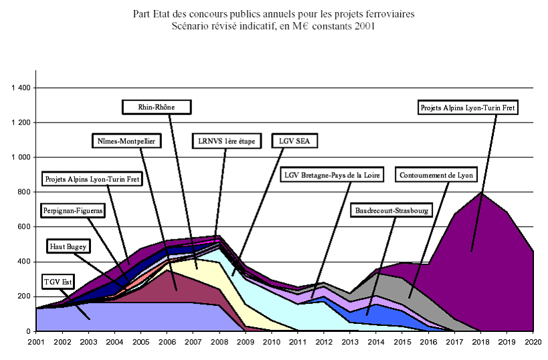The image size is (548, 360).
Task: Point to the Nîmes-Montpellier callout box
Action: pyautogui.click(x=124, y=141)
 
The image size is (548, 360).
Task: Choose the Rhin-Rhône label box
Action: pyautogui.click(x=157, y=106)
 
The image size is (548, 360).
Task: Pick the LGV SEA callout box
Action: pyautogui.click(x=295, y=141)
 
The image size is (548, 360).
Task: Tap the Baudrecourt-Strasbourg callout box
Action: pyautogui.click(x=391, y=210)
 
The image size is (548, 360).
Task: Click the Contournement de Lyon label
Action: pyautogui.click(x=436, y=175)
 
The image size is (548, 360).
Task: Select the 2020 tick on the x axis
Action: pyautogui.click(x=533, y=342)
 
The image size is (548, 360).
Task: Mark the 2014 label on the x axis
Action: pyautogui.click(x=376, y=342)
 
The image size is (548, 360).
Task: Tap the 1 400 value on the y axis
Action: pyautogui.click(x=19, y=88)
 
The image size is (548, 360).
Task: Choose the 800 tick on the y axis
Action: pyautogui.click(x=24, y=192)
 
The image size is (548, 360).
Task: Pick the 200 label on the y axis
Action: pyautogui.click(x=24, y=296)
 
